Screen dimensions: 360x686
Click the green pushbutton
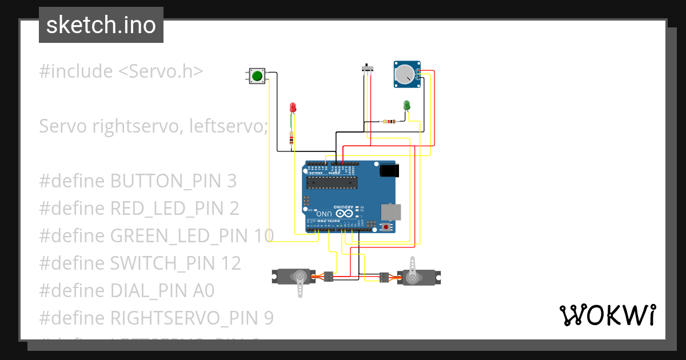(x=257, y=75)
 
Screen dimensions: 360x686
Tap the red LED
(x=293, y=107)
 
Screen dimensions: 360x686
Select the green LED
(x=407, y=105)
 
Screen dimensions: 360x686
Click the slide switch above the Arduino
(x=369, y=69)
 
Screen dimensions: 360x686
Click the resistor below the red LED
(x=292, y=138)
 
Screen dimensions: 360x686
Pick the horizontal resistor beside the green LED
(x=390, y=121)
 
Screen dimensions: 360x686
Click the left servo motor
(x=295, y=277)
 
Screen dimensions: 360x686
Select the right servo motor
(x=416, y=277)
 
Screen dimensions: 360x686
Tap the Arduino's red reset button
(x=386, y=227)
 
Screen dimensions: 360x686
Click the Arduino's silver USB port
(x=391, y=212)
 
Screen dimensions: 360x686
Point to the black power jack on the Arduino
(x=389, y=170)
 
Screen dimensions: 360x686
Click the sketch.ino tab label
(x=101, y=25)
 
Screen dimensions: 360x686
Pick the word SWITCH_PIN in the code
(x=163, y=263)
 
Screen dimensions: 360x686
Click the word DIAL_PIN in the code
(x=147, y=291)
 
